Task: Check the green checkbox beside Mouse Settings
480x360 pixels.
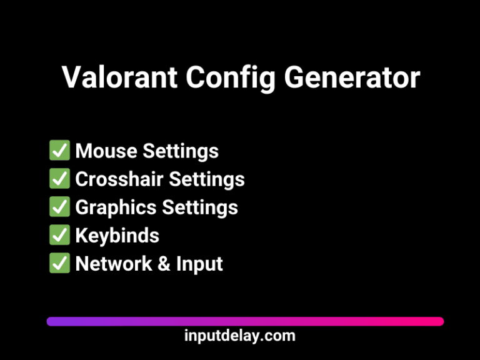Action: point(59,151)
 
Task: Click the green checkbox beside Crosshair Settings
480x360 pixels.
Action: point(59,179)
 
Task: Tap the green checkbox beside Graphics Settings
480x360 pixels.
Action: point(59,207)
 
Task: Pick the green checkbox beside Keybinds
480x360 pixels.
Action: point(59,235)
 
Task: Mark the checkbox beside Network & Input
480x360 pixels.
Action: point(59,263)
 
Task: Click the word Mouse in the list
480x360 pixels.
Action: point(106,151)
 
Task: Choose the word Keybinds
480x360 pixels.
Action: point(117,236)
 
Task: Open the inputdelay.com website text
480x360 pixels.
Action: point(240,336)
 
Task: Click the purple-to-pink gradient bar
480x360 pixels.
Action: point(245,321)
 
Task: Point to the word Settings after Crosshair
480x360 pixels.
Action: point(206,179)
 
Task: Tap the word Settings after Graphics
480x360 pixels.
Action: point(199,207)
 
